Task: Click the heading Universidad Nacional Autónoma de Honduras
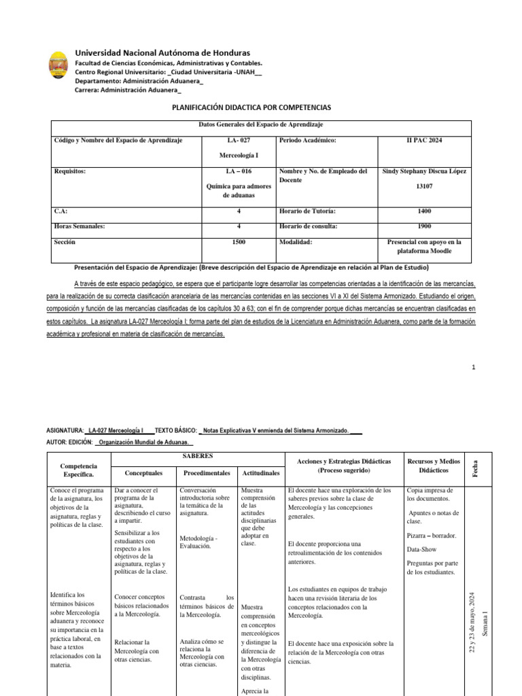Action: pos(162,53)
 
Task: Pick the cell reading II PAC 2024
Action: pos(425,140)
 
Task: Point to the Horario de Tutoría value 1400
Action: pos(425,211)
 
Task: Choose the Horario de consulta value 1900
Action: pos(425,226)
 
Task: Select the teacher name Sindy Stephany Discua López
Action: pos(425,171)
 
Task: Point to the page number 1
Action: pos(473,368)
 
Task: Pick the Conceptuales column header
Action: pos(144,472)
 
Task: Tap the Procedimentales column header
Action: pos(205,472)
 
